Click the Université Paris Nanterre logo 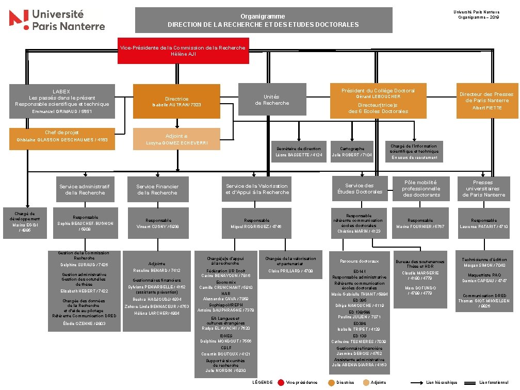[57, 20]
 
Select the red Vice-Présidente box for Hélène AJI [183, 51]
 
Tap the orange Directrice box [177, 101]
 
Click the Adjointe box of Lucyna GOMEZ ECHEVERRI [177, 139]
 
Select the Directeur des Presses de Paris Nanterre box [486, 100]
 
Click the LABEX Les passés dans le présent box [61, 101]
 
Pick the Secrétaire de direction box [299, 151]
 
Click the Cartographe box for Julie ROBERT [352, 151]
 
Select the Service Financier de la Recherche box [157, 189]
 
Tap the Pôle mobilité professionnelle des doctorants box [420, 189]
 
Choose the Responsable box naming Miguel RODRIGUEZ [256, 223]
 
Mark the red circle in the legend [281, 382]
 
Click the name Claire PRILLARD [291, 271]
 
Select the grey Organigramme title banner [263, 21]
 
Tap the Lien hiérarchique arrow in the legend [417, 382]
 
